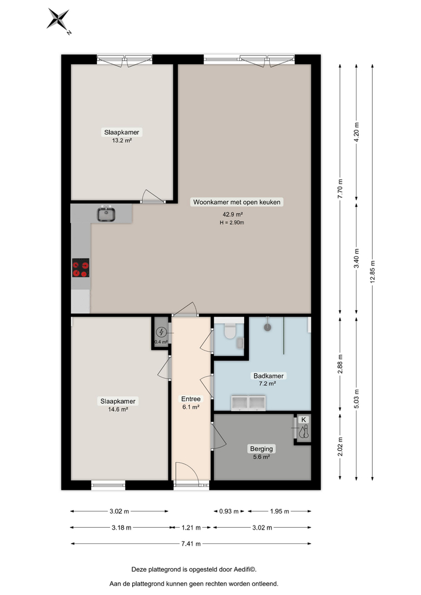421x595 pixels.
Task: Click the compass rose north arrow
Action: (x=58, y=20)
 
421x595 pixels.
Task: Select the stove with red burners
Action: (x=80, y=268)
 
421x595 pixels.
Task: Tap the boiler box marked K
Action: (x=304, y=429)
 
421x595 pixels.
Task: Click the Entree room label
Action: (x=191, y=399)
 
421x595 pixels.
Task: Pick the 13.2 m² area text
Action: (x=121, y=141)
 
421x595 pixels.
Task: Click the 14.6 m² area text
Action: (x=117, y=410)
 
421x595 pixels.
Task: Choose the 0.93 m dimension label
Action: (x=228, y=511)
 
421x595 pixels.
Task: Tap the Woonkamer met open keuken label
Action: (x=236, y=202)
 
